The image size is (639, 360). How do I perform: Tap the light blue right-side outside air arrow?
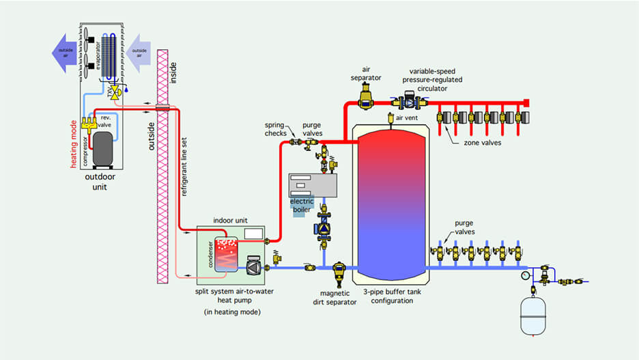tap(142, 51)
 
